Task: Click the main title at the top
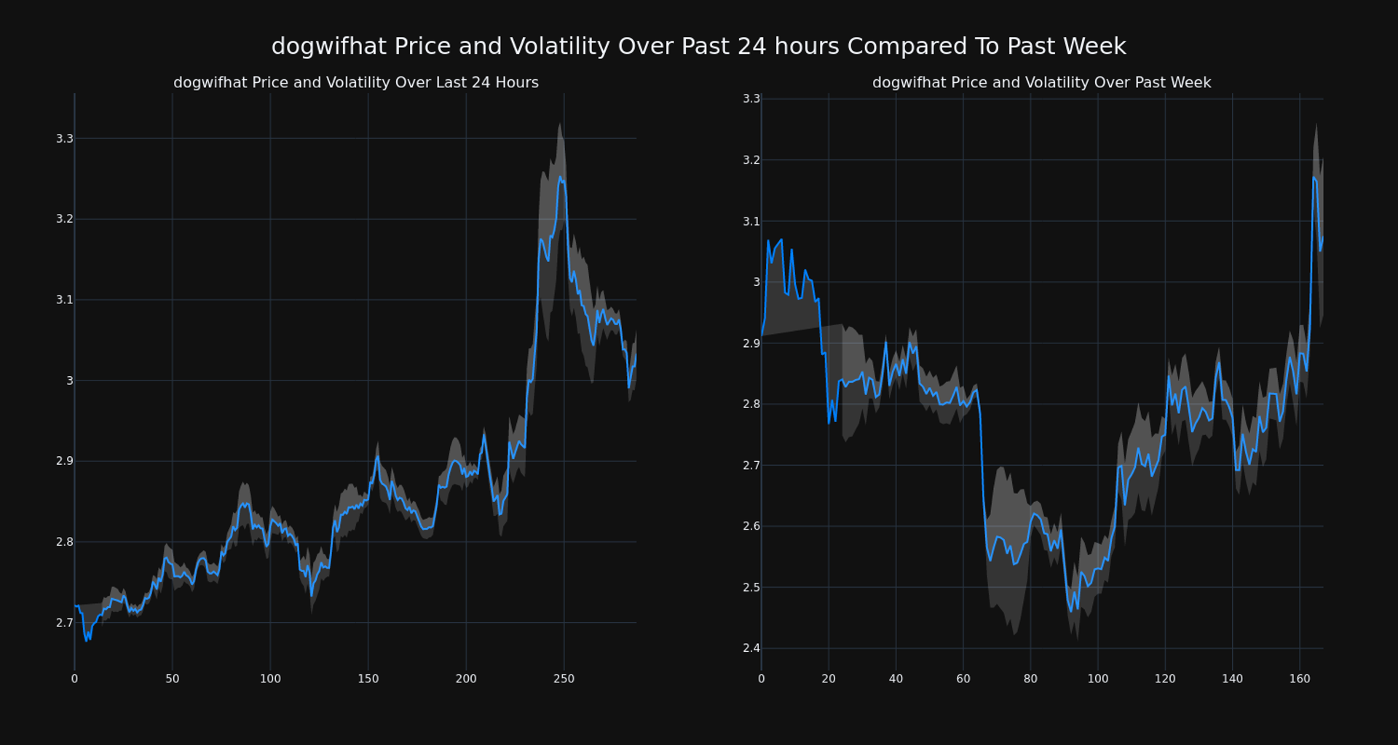tap(698, 47)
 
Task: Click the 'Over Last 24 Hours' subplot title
tap(356, 83)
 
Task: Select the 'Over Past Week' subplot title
tap(1041, 83)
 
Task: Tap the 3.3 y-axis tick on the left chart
tap(65, 138)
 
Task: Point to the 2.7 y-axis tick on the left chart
tap(65, 623)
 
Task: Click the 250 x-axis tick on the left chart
tap(564, 679)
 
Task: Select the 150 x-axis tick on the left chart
tap(368, 679)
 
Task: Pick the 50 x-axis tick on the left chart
tap(172, 679)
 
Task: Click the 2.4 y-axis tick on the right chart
tap(751, 648)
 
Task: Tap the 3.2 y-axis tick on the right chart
tap(751, 160)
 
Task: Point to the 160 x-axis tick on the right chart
tap(1300, 679)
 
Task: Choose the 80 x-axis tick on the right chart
tap(1030, 679)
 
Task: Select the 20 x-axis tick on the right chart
tap(829, 679)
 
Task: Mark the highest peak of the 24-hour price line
tap(560, 177)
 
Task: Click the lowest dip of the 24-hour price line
tap(87, 640)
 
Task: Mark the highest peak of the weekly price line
tap(1314, 177)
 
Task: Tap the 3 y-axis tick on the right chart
tap(757, 282)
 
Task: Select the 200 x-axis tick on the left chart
tap(466, 679)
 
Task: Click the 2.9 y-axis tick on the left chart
tap(65, 461)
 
